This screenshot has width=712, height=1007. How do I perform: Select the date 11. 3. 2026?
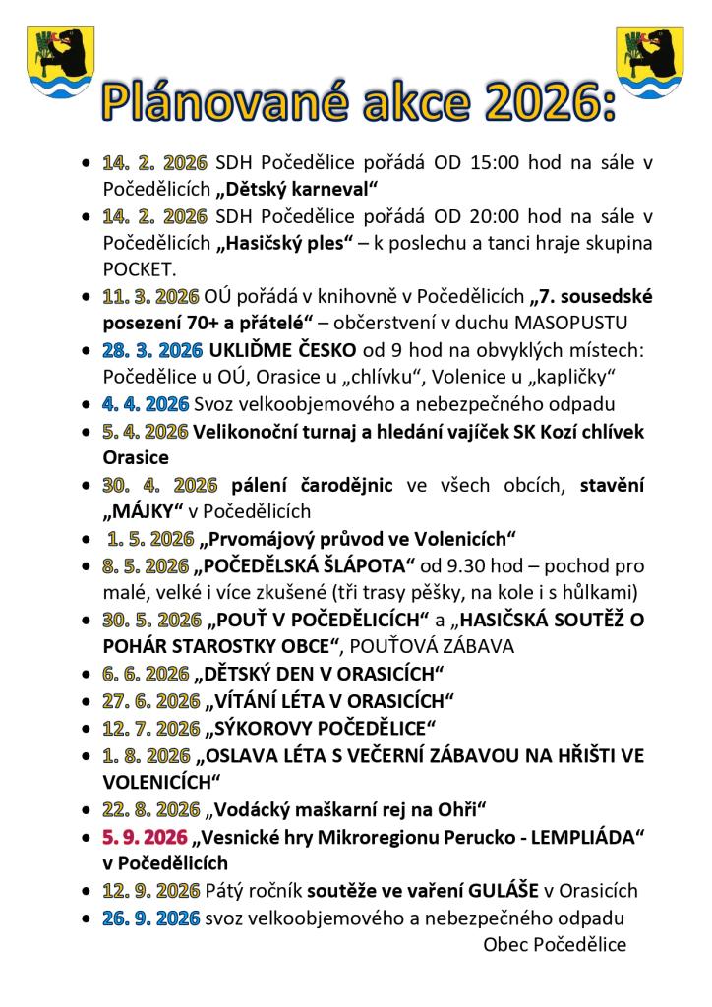point(149,296)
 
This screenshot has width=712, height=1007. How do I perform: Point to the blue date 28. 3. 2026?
point(151,349)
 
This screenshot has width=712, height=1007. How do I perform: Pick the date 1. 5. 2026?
point(151,538)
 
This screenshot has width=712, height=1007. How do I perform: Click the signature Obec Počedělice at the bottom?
point(555,944)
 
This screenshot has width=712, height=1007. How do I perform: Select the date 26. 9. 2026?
point(149,918)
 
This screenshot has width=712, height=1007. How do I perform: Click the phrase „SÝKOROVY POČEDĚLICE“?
point(320,729)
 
